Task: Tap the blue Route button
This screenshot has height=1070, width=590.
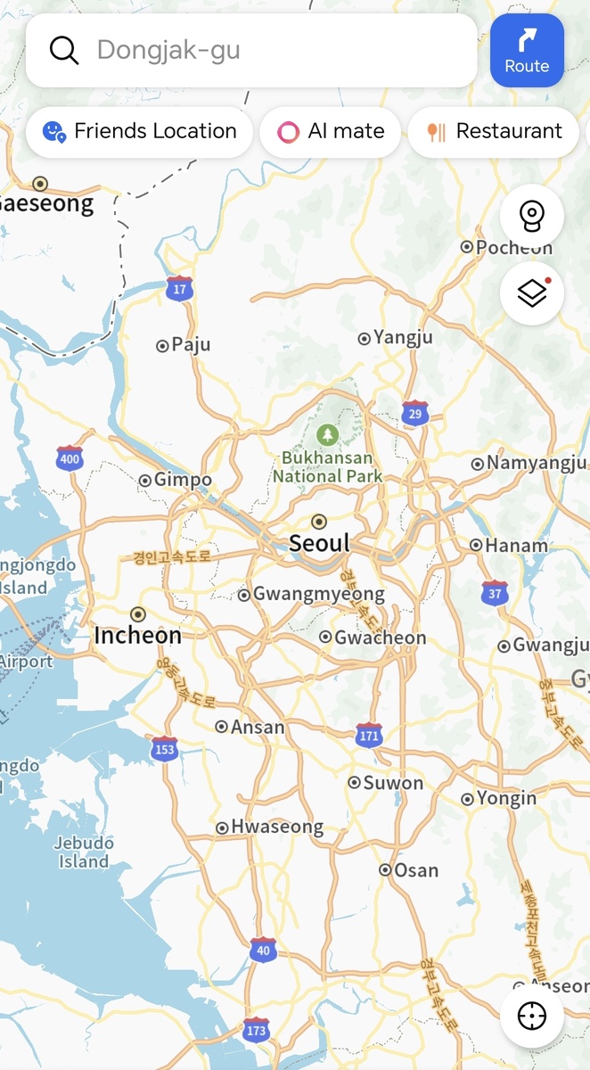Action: pyautogui.click(x=527, y=50)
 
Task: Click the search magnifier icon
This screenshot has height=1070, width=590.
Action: pyautogui.click(x=64, y=50)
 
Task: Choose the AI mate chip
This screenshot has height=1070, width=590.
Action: pyautogui.click(x=331, y=132)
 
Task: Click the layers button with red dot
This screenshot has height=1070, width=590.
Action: pyautogui.click(x=531, y=292)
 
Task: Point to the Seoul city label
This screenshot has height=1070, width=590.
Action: pyautogui.click(x=319, y=542)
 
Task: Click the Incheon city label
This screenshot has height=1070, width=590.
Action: pyautogui.click(x=137, y=635)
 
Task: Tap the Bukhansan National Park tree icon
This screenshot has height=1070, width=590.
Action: pyautogui.click(x=328, y=435)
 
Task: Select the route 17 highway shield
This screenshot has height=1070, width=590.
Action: pyautogui.click(x=180, y=288)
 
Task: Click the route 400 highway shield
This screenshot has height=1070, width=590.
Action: pyautogui.click(x=69, y=458)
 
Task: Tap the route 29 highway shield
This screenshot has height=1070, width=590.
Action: pyautogui.click(x=414, y=413)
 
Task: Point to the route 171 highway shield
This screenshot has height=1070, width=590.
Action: pyautogui.click(x=369, y=735)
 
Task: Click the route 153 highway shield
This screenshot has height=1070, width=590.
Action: pyautogui.click(x=164, y=749)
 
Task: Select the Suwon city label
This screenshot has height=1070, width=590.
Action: pyautogui.click(x=393, y=783)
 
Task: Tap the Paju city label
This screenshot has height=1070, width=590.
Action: pyautogui.click(x=190, y=344)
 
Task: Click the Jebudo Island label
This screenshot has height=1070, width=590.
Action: pyautogui.click(x=84, y=852)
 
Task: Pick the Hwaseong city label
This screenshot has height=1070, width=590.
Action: pyautogui.click(x=276, y=827)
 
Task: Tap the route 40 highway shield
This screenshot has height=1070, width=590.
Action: pyautogui.click(x=263, y=950)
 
